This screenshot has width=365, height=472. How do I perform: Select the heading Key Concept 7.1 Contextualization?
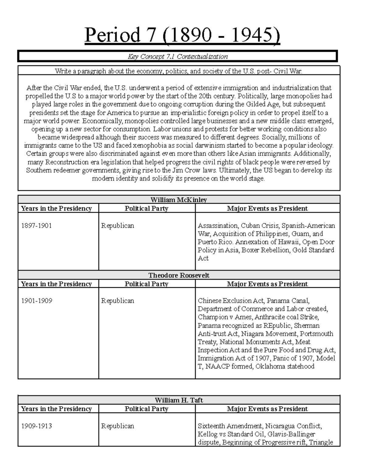[x=178, y=57]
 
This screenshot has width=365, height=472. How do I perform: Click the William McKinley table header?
[x=179, y=200]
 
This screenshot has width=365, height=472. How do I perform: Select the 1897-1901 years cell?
[x=36, y=226]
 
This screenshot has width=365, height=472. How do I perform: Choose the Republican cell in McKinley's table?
[x=117, y=226]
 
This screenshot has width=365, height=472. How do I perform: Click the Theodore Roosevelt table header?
[x=179, y=275]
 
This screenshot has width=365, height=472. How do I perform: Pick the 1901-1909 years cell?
[x=36, y=301]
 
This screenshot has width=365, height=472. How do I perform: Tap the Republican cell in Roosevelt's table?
[x=117, y=301]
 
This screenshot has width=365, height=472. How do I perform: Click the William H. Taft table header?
[x=179, y=400]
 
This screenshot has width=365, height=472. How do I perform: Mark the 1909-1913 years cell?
[x=36, y=426]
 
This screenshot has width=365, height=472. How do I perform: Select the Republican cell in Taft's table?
[x=117, y=426]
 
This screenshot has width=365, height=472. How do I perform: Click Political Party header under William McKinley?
[x=147, y=208]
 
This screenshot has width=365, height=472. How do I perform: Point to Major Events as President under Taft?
[x=267, y=409]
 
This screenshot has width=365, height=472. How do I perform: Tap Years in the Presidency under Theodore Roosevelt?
[x=56, y=284]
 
